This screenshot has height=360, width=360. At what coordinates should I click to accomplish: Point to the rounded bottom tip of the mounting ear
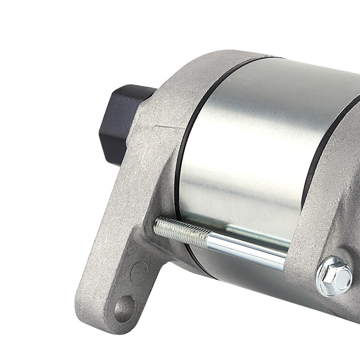(108, 317)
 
